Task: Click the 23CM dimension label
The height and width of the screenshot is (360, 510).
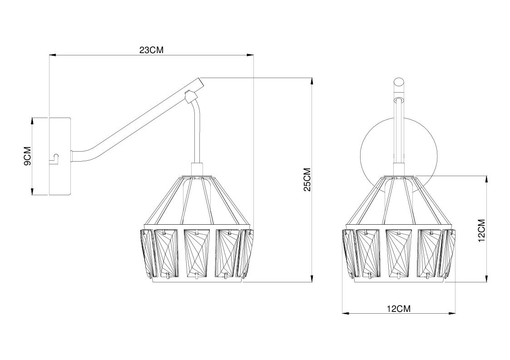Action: pos(151,50)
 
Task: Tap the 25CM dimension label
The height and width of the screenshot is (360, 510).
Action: pos(307,179)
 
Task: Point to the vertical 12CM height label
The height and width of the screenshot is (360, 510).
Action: pos(482,230)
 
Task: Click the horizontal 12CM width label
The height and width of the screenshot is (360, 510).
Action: pos(398,309)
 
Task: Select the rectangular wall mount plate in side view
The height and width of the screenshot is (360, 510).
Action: pos(59,157)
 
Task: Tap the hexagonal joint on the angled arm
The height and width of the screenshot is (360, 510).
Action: pos(190,97)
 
